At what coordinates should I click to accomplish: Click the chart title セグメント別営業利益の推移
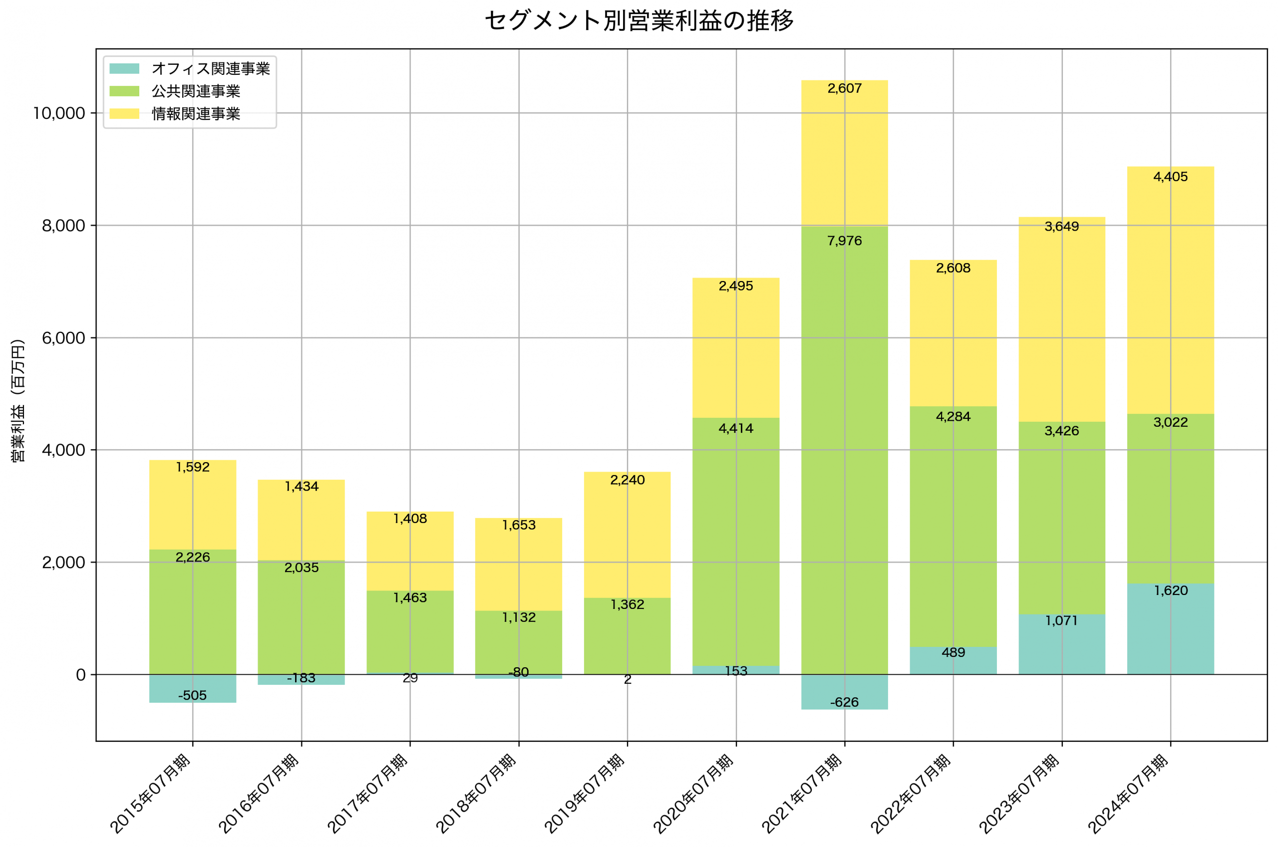pos(639,20)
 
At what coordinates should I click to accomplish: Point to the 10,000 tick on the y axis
pos(59,113)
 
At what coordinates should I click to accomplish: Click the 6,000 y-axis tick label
pos(63,338)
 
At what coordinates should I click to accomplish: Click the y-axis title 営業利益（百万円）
pos(18,400)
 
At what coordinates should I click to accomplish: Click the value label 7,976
pos(844,241)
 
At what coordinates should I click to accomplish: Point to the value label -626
pos(844,702)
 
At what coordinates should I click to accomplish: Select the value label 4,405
pos(1170,177)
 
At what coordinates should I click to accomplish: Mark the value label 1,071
pos(1061,621)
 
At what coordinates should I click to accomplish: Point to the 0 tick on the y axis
pos(81,675)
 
